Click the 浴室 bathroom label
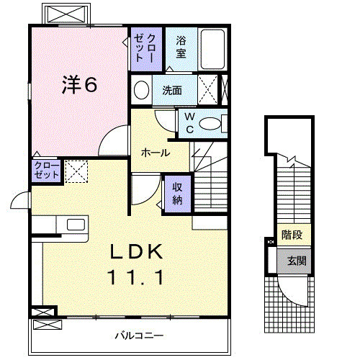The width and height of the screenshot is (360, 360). (x=180, y=48)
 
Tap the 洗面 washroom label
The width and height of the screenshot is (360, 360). (x=171, y=91)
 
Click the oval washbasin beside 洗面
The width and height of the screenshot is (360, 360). (x=142, y=91)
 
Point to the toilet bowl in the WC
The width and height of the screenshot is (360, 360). (x=212, y=125)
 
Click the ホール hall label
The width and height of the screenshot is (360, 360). (x=156, y=153)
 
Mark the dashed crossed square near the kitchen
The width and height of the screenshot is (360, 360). (x=75, y=171)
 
